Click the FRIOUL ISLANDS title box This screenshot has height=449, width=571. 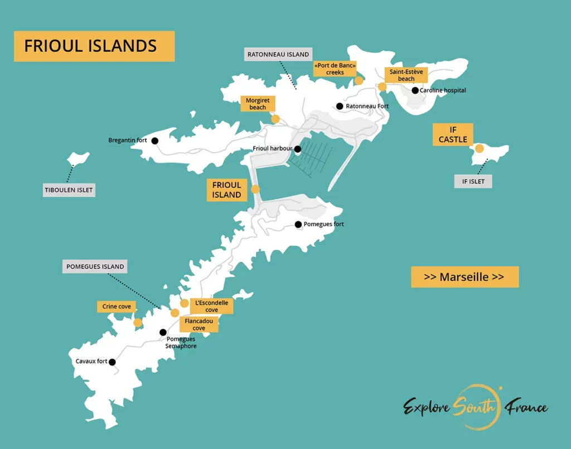pyautogui.click(x=94, y=46)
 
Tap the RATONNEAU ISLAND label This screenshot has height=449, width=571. pyautogui.click(x=278, y=55)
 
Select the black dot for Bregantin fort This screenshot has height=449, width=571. pyautogui.click(x=155, y=141)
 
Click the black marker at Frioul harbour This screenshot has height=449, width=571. pyautogui.click(x=298, y=149)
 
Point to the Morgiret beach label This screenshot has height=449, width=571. pyautogui.click(x=258, y=104)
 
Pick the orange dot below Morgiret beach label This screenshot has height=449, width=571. pyautogui.click(x=275, y=119)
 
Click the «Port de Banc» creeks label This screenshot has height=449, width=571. pyautogui.click(x=335, y=69)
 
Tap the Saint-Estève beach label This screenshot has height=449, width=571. pyautogui.click(x=406, y=75)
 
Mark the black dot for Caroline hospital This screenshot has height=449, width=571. pyautogui.click(x=415, y=90)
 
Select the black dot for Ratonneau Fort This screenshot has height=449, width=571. pyautogui.click(x=340, y=106)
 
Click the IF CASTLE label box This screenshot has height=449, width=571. pyautogui.click(x=453, y=135)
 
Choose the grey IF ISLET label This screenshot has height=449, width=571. pyautogui.click(x=473, y=182)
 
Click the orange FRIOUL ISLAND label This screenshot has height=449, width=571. pyautogui.click(x=226, y=190)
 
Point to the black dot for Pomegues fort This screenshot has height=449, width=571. pyautogui.click(x=298, y=224)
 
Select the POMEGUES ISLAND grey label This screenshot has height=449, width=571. pyautogui.click(x=95, y=267)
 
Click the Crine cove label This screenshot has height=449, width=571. pyautogui.click(x=117, y=306)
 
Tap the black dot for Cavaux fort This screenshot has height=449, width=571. pyautogui.click(x=112, y=362)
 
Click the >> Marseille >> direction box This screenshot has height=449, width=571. pyautogui.click(x=464, y=277)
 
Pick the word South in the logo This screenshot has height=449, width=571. pyautogui.click(x=476, y=407)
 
